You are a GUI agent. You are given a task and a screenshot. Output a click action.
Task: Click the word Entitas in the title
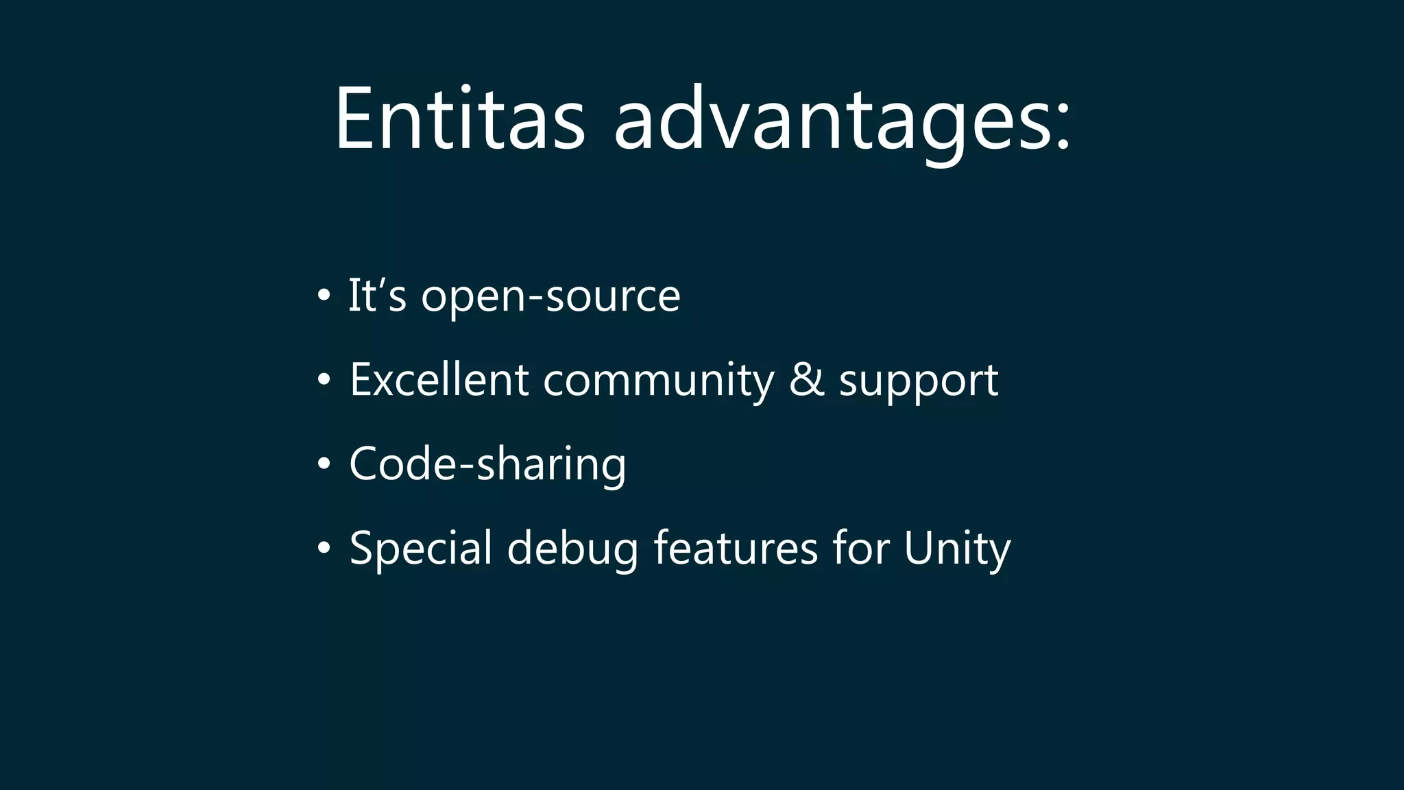click(x=459, y=118)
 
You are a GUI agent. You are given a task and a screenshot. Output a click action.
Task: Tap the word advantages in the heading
click(x=832, y=123)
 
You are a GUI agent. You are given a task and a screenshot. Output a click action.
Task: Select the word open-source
click(x=550, y=298)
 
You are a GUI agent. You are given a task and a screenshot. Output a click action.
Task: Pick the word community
click(x=659, y=381)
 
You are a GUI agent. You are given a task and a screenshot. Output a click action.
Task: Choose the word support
click(x=919, y=383)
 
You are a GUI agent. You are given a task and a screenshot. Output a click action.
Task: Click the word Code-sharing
click(x=487, y=465)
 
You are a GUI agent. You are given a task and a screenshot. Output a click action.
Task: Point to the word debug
click(x=572, y=551)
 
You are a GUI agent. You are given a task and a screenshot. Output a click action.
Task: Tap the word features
click(x=736, y=548)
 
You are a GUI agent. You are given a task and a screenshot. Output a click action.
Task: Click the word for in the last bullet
click(x=861, y=548)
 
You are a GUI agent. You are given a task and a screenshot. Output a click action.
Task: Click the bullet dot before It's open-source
click(x=324, y=296)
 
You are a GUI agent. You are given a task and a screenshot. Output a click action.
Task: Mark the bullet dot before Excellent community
click(x=324, y=380)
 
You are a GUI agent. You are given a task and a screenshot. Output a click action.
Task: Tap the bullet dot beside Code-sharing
click(x=324, y=464)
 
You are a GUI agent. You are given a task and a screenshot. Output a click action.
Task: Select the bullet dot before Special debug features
click(x=324, y=549)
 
